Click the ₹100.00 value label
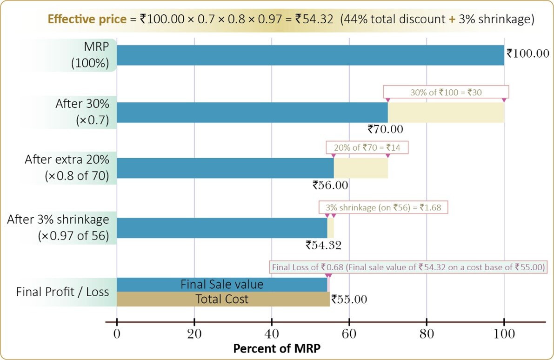click(x=528, y=53)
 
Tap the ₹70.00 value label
click(x=385, y=129)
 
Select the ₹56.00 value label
click(x=330, y=185)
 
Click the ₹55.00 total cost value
click(x=349, y=300)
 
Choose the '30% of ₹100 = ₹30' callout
click(x=446, y=92)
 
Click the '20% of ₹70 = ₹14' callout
click(x=367, y=148)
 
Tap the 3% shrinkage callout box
click(x=383, y=207)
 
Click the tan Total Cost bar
click(x=222, y=299)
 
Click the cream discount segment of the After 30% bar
click(x=446, y=112)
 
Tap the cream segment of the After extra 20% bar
click(x=360, y=168)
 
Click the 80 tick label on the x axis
click(x=427, y=334)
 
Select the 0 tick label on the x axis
click(x=117, y=334)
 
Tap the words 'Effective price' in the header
click(x=87, y=20)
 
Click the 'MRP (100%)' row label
click(x=90, y=55)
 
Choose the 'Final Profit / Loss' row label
click(x=62, y=292)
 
